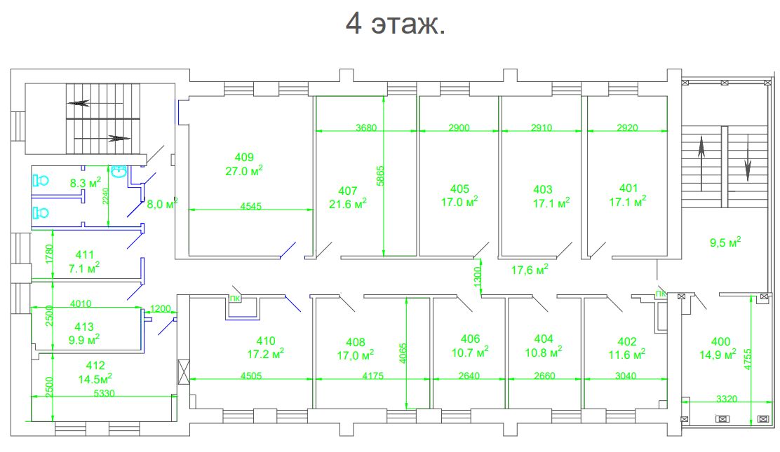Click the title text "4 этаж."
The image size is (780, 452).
point(396,23)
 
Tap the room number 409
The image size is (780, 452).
point(244,157)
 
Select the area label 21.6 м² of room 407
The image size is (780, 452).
point(348,203)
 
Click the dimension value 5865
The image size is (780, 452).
point(381,175)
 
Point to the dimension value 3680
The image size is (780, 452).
point(366,128)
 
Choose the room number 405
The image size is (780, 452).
point(459,189)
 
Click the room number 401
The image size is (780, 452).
point(628,188)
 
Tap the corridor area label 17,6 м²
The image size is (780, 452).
point(530,270)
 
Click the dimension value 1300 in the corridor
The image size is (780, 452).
point(478,277)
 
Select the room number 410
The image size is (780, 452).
point(266,341)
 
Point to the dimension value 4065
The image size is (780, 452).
point(403,352)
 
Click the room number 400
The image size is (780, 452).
point(721,341)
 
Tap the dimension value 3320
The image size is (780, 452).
point(727,399)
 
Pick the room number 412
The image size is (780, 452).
point(95,366)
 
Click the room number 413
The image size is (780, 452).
point(84,327)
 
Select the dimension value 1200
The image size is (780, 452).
point(160,309)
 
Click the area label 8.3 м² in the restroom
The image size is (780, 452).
point(86,182)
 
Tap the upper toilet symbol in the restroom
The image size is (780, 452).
point(41,180)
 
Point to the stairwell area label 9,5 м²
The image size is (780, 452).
point(725,242)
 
